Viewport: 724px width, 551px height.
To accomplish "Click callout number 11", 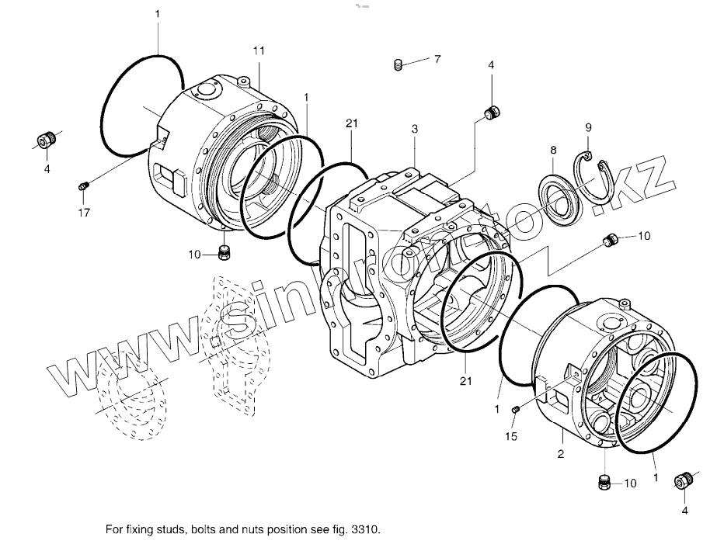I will coord(259,50).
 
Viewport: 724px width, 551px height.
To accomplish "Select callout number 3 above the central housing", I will coord(415,127).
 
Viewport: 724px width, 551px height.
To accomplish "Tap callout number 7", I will coord(437,59).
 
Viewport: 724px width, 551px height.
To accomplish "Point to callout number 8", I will coord(552,149).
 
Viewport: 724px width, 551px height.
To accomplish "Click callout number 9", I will coord(588,127).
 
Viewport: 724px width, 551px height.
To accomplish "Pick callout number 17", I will coord(82,212).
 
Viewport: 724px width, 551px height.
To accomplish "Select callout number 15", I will coord(510,437).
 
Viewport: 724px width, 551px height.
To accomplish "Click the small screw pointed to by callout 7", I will coord(398,65).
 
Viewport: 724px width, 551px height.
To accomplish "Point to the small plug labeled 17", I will coord(84,185).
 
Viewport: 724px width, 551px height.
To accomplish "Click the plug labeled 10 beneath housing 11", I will coord(225,251).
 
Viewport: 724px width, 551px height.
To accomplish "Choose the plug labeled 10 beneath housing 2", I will coord(604,481).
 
